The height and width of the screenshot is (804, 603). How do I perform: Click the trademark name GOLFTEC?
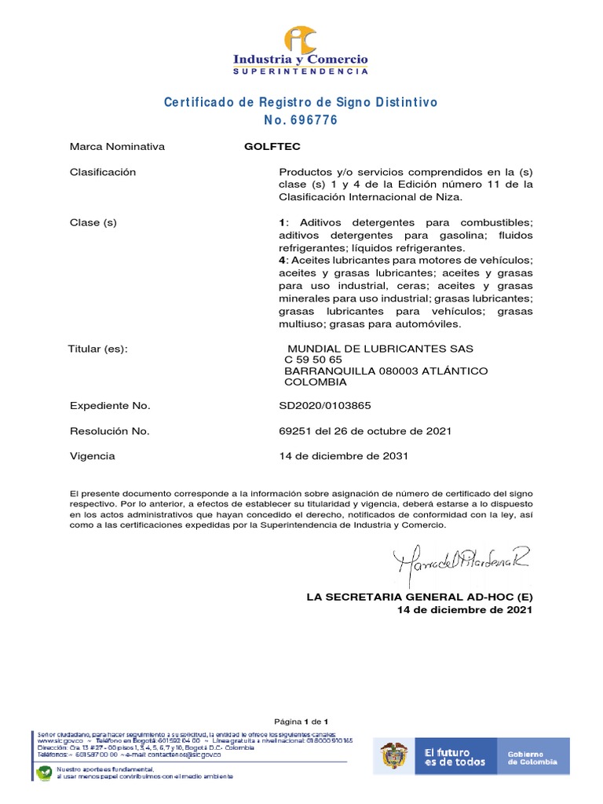272,147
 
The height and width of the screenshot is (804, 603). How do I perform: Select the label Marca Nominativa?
117,147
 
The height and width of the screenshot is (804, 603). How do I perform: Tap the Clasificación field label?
103,172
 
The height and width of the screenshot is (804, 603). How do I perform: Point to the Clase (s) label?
93,222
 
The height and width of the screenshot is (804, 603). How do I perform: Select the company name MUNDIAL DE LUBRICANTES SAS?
381,349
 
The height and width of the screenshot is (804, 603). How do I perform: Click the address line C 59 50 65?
313,360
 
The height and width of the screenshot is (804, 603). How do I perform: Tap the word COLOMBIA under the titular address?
315,382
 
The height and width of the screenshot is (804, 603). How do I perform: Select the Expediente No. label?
110,406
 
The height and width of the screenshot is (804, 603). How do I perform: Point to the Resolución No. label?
109,431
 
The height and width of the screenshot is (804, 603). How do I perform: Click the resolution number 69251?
295,431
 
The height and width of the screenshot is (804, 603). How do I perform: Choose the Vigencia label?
93,456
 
